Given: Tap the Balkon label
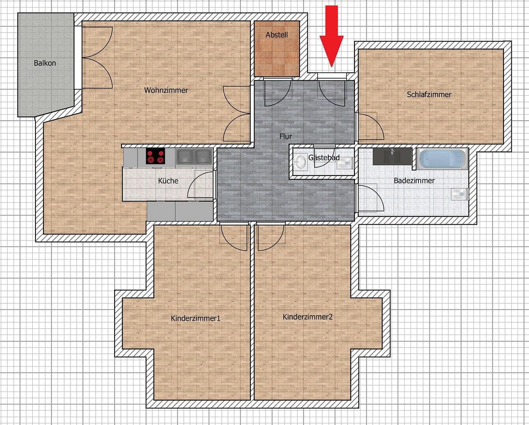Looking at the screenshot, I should point(45,63).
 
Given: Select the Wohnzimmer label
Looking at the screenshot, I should point(166,90).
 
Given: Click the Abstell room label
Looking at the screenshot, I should point(277,35).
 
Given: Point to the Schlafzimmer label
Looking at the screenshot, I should point(429,94).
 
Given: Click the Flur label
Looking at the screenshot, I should point(286,137).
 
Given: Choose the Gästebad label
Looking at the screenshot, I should point(324,157).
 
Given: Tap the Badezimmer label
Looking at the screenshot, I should point(414,181).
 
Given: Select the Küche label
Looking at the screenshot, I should point(168,181).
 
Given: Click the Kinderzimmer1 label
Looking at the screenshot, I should point(196,318).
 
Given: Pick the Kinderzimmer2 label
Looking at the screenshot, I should point(308,317).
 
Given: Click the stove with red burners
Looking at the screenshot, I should point(156,156).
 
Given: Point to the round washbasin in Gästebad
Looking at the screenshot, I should point(301,161).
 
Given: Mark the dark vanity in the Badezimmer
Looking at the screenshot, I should point(392,156).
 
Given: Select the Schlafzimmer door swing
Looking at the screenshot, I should point(369,127).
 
